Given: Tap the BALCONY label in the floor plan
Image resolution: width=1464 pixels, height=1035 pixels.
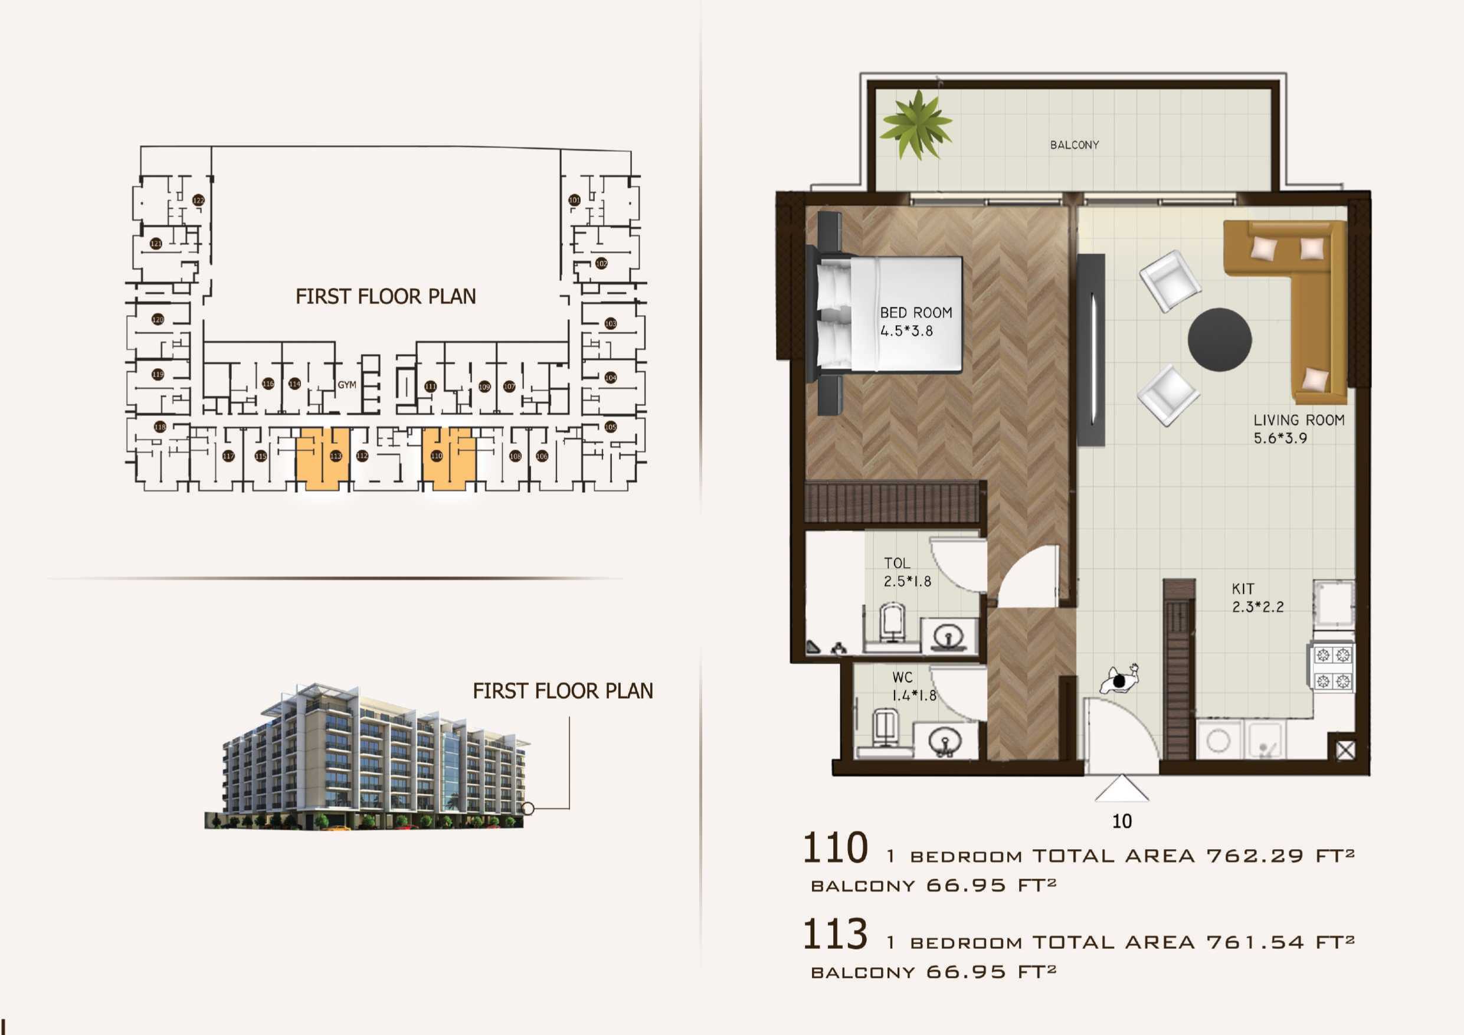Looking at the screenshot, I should coord(1075,145).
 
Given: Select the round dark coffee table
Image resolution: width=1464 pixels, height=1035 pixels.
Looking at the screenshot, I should coord(1219,339).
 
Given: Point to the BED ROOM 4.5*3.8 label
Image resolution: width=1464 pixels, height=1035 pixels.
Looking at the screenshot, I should coord(915,322).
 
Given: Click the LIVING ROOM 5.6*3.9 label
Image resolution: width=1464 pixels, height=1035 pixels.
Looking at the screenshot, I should coord(1298,429).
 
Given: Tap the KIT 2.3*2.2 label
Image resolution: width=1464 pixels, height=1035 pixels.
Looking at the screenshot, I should coord(1257,598).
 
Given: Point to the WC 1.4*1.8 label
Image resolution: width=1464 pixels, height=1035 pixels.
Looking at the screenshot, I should coord(912,686).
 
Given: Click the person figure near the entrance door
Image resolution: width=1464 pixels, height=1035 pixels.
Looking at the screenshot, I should coord(1119,680).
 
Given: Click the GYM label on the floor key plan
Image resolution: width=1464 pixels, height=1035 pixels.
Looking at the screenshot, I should coord(347,385).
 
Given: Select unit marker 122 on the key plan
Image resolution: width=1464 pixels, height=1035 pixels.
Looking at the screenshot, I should coord(198,200).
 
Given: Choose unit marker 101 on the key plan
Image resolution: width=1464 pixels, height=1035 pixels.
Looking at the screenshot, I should coord(574,199).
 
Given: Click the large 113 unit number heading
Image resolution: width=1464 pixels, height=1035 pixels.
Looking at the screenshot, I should coord(834,934).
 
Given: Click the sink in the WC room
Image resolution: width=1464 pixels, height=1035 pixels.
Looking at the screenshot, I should coord(945,742).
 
